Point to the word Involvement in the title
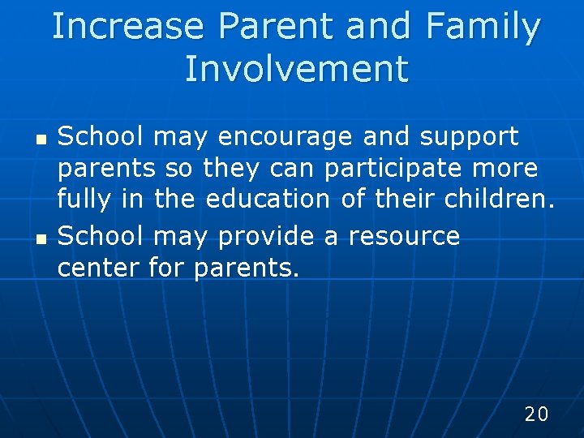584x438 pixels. click(x=296, y=69)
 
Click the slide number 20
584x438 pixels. click(x=536, y=414)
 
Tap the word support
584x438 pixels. click(x=469, y=138)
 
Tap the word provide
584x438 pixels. click(x=255, y=236)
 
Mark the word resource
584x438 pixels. click(x=403, y=236)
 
